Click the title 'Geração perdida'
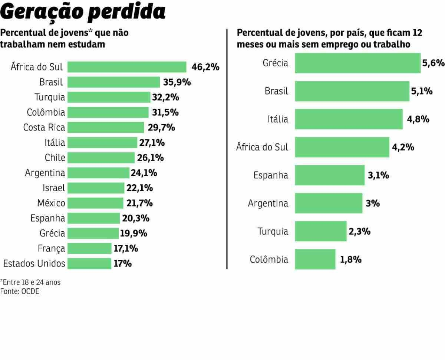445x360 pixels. (83, 12)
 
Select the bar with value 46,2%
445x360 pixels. (127, 67)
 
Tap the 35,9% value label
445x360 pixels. (177, 82)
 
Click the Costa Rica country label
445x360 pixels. (44, 128)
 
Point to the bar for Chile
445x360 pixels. (101, 158)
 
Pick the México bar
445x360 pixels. (95, 203)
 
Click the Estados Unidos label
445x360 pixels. (34, 264)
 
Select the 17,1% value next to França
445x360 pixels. (126, 248)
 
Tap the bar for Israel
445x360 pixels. (96, 188)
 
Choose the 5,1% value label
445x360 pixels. (422, 91)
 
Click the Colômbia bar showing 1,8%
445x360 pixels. (315, 259)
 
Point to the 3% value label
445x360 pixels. (373, 204)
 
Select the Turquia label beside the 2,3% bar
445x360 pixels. (273, 232)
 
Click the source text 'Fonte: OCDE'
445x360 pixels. (20, 291)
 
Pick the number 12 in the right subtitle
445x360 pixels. (417, 33)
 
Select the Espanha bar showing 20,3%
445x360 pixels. (93, 218)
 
